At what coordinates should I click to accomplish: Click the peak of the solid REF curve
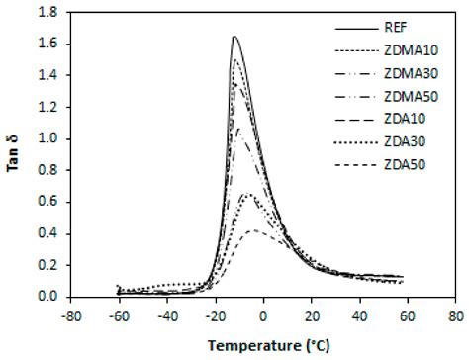234,37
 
